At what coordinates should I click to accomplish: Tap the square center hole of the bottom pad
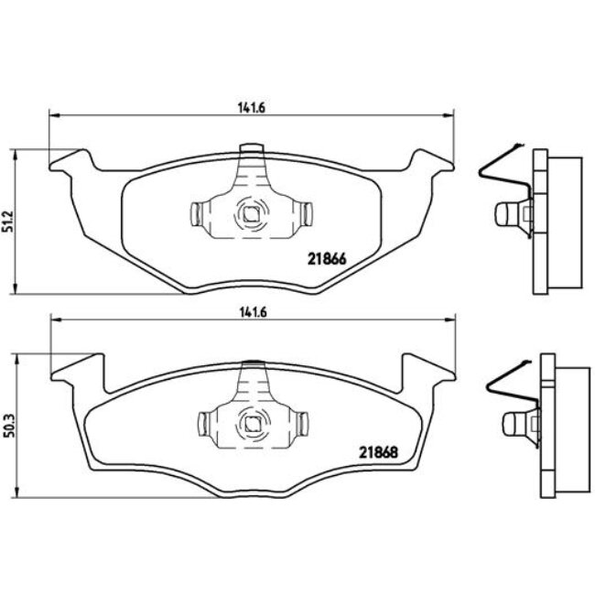pyautogui.click(x=250, y=423)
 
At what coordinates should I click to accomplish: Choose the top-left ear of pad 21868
pyautogui.click(x=70, y=368)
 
